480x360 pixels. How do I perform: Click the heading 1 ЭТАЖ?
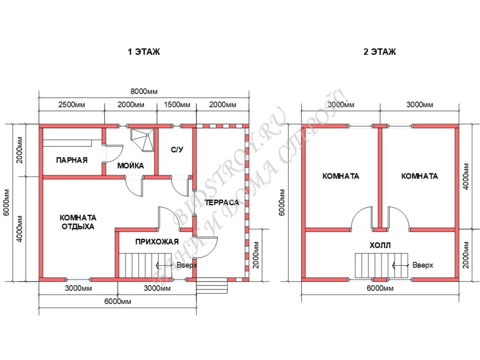pyautogui.click(x=144, y=52)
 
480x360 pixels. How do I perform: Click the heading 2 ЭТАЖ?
pyautogui.click(x=380, y=52)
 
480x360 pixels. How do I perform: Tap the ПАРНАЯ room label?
pyautogui.click(x=72, y=160)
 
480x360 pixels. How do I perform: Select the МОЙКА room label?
pyautogui.click(x=130, y=166)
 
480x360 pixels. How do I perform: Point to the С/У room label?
pyautogui.click(x=177, y=150)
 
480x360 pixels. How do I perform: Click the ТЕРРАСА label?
pyautogui.click(x=222, y=202)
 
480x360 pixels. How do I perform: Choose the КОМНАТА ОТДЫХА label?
pyautogui.click(x=78, y=222)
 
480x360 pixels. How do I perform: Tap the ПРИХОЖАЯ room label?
pyautogui.click(x=157, y=242)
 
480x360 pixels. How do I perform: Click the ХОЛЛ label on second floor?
pyautogui.click(x=380, y=245)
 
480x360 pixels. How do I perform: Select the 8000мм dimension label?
pyautogui.click(x=144, y=92)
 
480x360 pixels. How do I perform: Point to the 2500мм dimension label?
pyautogui.click(x=72, y=104)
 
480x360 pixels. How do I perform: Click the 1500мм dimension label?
pyautogui.click(x=177, y=104)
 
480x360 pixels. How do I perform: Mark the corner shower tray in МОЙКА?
pyautogui.click(x=142, y=140)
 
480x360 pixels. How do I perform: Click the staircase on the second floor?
pyautogui.click(x=381, y=265)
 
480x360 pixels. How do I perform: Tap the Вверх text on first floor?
pyautogui.click(x=187, y=265)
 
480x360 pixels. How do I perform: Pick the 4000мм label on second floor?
pyautogui.click(x=466, y=177)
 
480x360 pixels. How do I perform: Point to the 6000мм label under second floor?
pyautogui.click(x=380, y=288)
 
